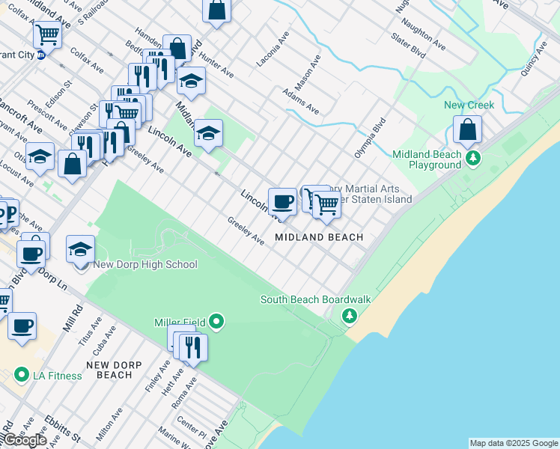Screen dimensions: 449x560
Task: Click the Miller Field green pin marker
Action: (217, 323)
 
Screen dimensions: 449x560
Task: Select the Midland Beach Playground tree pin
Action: (472, 159)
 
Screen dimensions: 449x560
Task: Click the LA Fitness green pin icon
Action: (22, 374)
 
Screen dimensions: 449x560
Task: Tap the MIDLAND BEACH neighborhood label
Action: (319, 237)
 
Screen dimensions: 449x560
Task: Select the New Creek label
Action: (469, 105)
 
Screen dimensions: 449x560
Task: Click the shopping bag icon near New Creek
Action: (467, 130)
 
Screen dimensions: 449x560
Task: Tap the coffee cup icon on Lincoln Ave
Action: (282, 201)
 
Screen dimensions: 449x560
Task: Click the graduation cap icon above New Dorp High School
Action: (81, 249)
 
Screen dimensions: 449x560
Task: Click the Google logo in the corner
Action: (25, 440)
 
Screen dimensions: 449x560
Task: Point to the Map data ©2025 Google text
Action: (514, 443)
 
